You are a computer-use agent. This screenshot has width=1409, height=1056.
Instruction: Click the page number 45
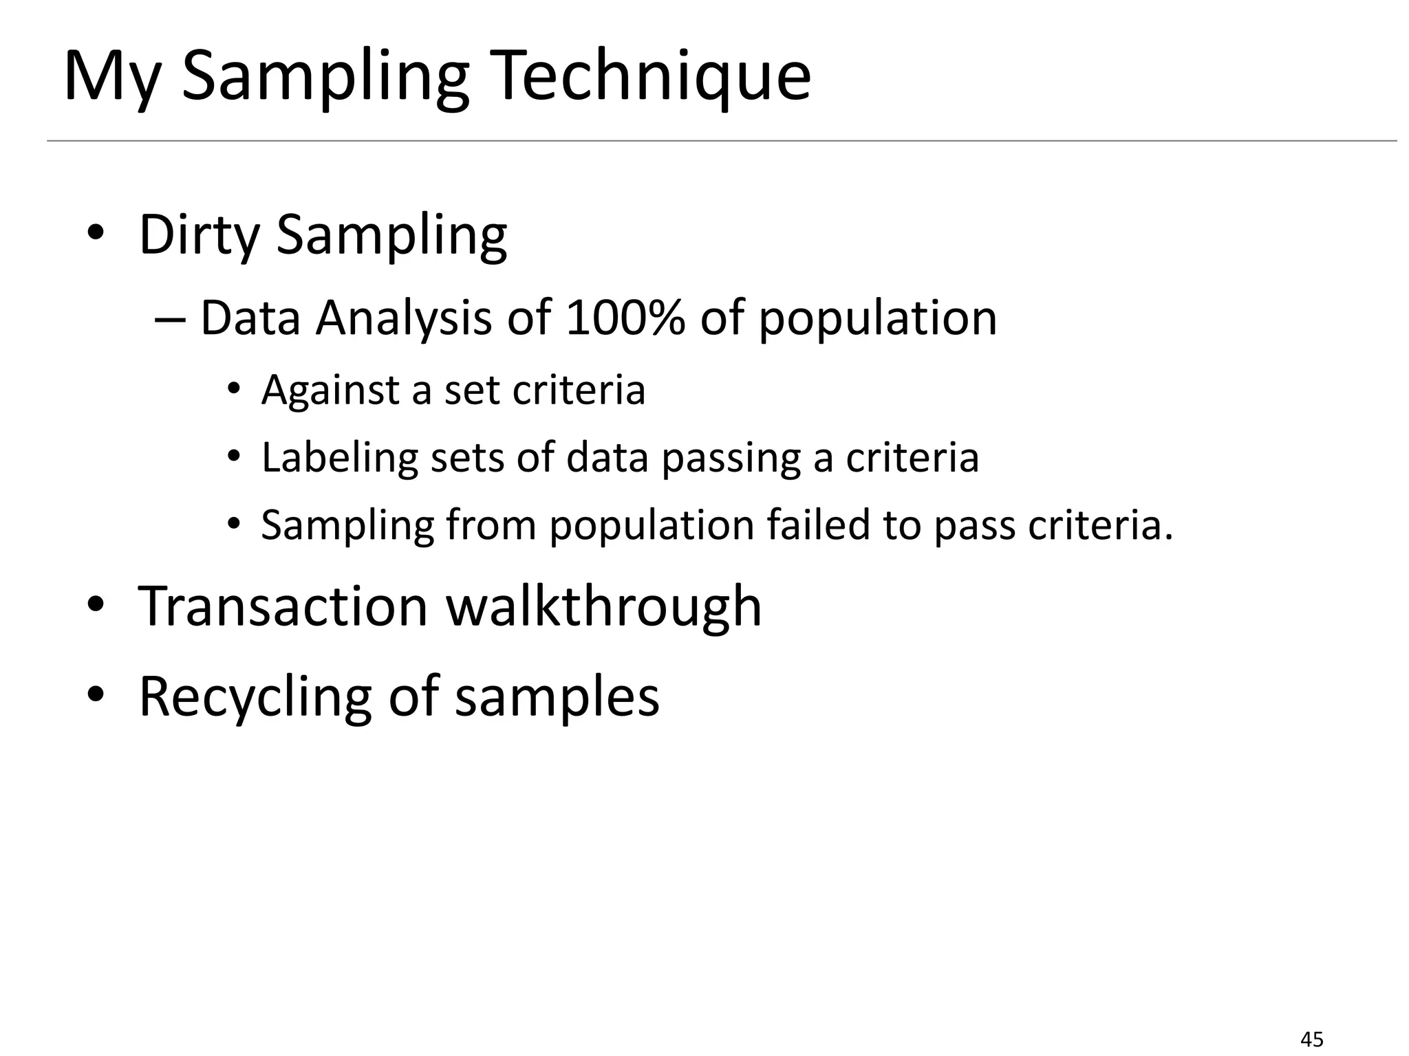click(1313, 1039)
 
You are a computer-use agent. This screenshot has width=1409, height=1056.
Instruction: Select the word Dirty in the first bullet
click(199, 235)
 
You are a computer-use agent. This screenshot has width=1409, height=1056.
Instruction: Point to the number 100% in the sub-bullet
click(625, 318)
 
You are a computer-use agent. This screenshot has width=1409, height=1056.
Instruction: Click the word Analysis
click(403, 319)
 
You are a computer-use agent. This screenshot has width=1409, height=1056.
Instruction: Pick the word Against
click(330, 390)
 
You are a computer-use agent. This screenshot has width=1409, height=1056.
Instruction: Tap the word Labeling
click(339, 458)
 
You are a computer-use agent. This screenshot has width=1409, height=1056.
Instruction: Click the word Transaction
click(283, 606)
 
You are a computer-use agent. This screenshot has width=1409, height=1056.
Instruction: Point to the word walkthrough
click(603, 606)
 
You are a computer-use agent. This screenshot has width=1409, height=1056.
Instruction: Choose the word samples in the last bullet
click(557, 696)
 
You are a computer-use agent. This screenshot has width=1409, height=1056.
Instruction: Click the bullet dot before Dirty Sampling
click(96, 234)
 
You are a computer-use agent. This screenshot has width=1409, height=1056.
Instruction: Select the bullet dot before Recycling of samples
click(96, 696)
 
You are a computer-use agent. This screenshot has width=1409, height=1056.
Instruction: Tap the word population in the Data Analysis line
click(877, 319)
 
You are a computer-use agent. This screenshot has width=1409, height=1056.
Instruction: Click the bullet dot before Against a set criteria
click(234, 390)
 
